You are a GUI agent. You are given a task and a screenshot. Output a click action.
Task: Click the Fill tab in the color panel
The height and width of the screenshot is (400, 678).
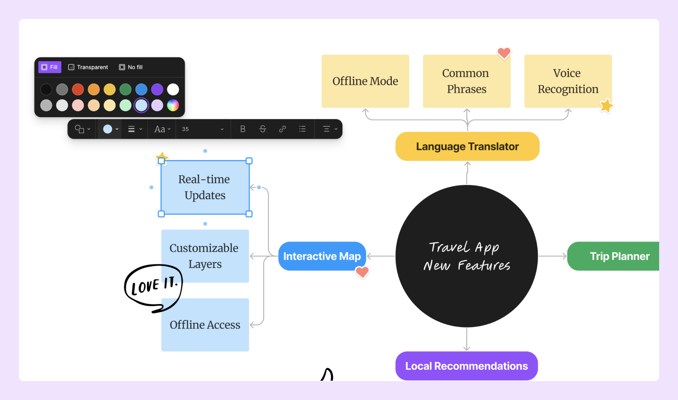[x=49, y=67]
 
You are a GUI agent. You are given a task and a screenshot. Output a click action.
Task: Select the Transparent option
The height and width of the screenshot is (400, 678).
[x=88, y=67]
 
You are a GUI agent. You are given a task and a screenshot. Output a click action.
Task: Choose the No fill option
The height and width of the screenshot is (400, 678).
[x=131, y=67]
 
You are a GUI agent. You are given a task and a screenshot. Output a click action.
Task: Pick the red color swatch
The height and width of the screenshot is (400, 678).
[x=78, y=89]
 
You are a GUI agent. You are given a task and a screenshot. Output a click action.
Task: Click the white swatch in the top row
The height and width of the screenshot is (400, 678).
[x=173, y=89]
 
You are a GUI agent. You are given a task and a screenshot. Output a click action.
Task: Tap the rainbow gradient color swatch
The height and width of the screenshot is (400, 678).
[x=173, y=105]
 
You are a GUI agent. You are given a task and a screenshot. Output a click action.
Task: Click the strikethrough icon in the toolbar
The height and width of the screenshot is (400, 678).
[x=263, y=129]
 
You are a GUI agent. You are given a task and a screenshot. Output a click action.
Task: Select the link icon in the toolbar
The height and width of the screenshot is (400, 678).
[x=282, y=129]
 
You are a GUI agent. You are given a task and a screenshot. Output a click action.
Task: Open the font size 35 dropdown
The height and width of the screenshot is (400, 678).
[x=203, y=129]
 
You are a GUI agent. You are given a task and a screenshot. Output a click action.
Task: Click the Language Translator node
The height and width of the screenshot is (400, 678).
[x=467, y=146]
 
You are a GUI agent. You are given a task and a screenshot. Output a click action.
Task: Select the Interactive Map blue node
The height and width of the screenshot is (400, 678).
[x=322, y=256]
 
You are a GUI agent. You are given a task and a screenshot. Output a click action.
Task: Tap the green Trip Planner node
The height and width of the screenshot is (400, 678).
[x=617, y=256]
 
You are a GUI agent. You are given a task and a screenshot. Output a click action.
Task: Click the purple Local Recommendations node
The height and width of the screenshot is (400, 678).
[x=466, y=366]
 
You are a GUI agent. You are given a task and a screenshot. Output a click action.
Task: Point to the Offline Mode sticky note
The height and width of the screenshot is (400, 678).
[x=365, y=81]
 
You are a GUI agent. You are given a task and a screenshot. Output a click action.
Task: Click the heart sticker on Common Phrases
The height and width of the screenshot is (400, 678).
[x=504, y=53]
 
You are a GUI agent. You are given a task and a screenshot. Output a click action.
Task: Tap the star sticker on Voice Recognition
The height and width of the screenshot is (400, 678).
[x=606, y=106]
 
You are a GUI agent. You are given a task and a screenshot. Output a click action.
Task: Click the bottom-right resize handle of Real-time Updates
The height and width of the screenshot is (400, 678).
[x=249, y=214]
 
